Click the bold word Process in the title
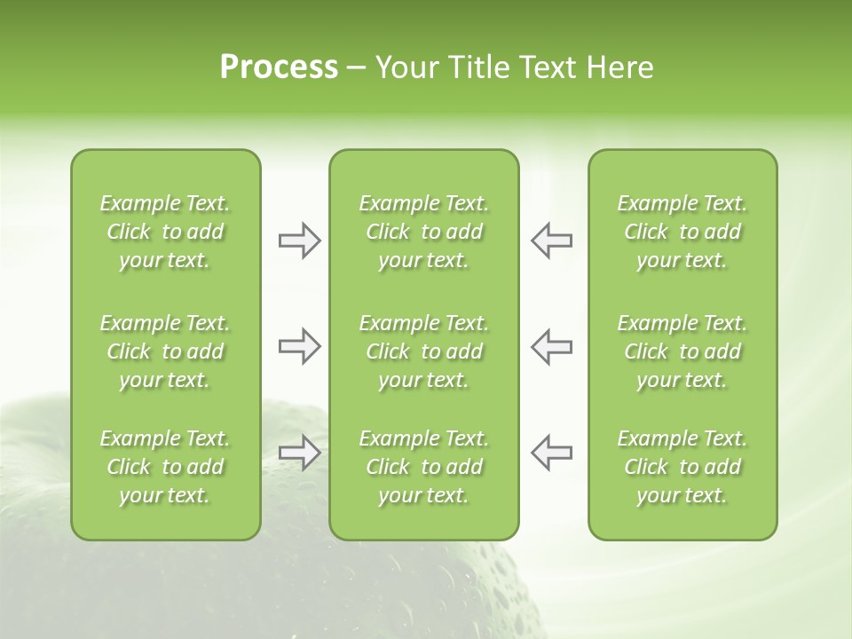279,67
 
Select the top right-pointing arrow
299,241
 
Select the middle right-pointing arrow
299,346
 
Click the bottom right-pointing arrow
299,453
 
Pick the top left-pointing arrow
552,241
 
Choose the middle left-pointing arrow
552,346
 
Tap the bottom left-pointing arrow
552,453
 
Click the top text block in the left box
165,232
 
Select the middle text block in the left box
165,351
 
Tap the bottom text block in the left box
165,467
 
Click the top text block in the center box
424,232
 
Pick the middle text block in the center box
424,351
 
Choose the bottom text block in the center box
424,467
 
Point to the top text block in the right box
682,232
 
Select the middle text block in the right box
682,351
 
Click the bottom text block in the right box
682,467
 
